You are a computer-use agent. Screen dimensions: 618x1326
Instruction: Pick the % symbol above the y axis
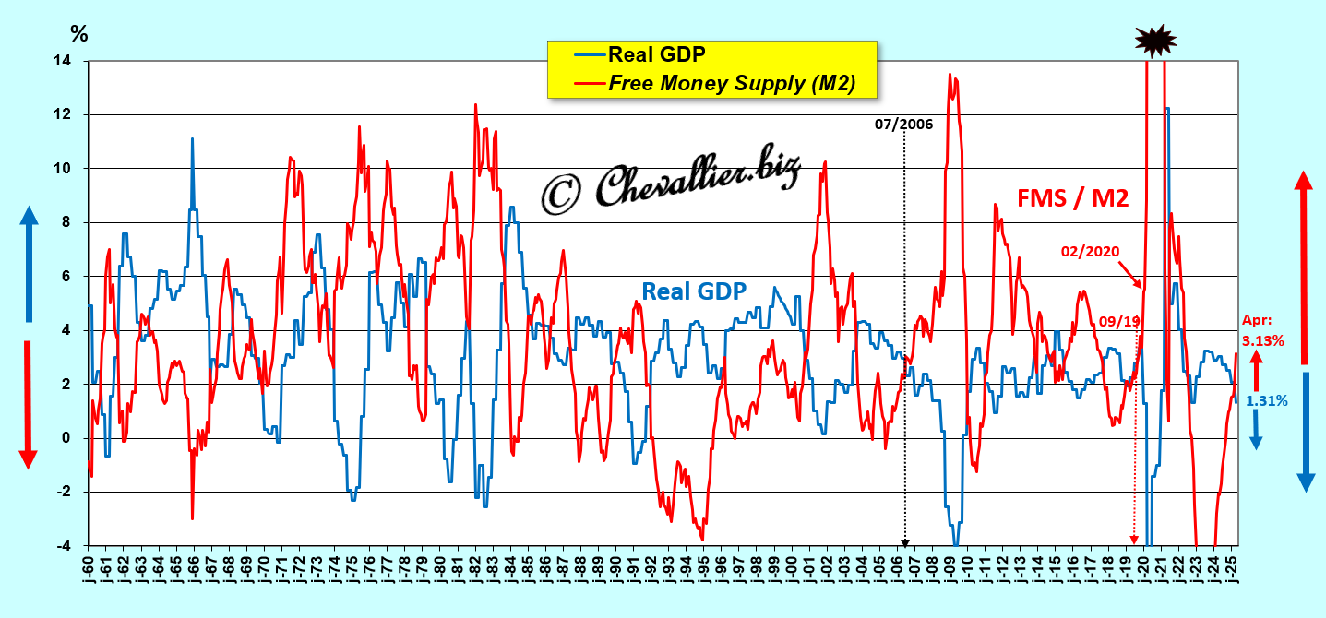(x=79, y=34)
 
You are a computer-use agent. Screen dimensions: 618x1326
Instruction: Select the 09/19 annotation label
(x=1119, y=321)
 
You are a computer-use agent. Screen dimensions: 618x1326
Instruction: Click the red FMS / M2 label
(x=1073, y=196)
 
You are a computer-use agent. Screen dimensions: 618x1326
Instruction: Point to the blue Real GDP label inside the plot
(x=694, y=291)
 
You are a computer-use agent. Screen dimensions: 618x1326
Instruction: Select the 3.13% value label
(x=1264, y=340)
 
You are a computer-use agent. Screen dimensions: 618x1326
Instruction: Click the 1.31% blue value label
(x=1267, y=400)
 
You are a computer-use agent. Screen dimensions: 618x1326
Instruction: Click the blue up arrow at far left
(x=28, y=263)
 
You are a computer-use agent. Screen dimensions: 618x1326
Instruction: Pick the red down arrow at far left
(x=28, y=403)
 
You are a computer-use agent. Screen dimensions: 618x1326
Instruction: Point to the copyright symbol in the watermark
(x=562, y=191)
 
